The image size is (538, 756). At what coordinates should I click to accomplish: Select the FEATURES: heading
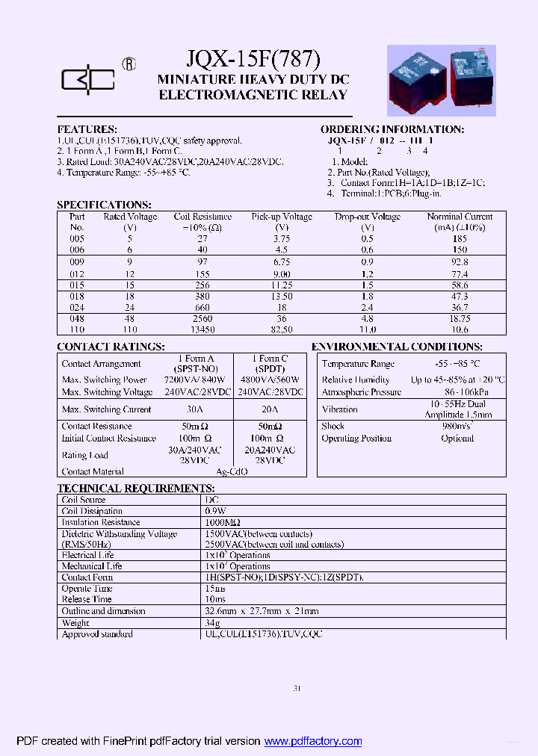87,129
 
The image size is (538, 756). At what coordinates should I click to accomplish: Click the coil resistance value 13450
203,329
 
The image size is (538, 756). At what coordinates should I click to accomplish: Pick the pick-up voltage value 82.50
281,329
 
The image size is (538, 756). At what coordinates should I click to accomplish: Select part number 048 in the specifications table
77,318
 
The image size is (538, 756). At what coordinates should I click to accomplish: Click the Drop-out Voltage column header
367,217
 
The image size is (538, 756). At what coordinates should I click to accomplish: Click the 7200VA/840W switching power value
194,380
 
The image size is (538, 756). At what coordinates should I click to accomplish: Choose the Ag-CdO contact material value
232,471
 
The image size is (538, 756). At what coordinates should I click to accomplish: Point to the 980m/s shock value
457,426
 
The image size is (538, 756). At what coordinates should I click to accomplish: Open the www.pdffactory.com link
313,741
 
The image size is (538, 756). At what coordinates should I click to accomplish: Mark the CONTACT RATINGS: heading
111,347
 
